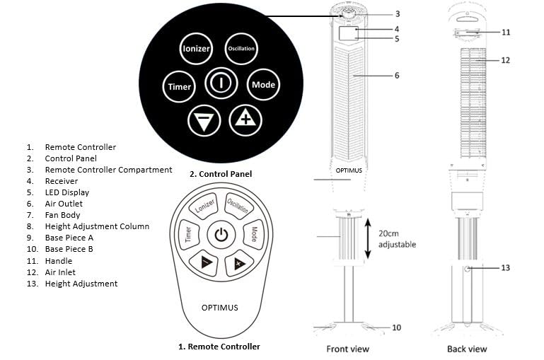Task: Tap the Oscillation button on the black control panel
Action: [x=241, y=48]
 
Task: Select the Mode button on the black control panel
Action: [x=263, y=85]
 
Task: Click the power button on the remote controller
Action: [x=221, y=236]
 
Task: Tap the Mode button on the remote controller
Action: [x=253, y=234]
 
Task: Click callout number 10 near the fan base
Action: [x=396, y=327]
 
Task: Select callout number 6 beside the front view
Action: [x=397, y=75]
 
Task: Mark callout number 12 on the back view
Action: [x=505, y=61]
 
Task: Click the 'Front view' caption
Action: [x=347, y=349]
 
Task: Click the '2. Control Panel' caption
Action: [x=221, y=173]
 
